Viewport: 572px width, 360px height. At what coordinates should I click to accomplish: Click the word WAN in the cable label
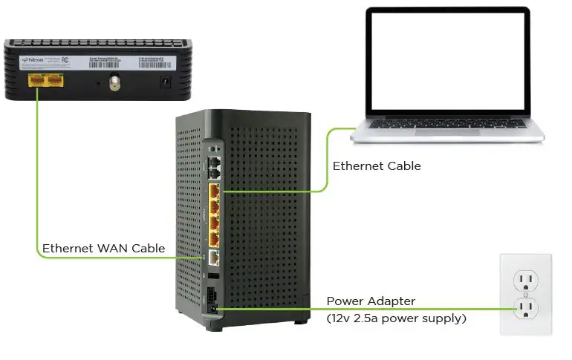pos(109,248)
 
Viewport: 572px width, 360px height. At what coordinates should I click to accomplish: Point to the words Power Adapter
pos(371,301)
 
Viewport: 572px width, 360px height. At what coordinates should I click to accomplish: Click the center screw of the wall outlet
pos(526,293)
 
